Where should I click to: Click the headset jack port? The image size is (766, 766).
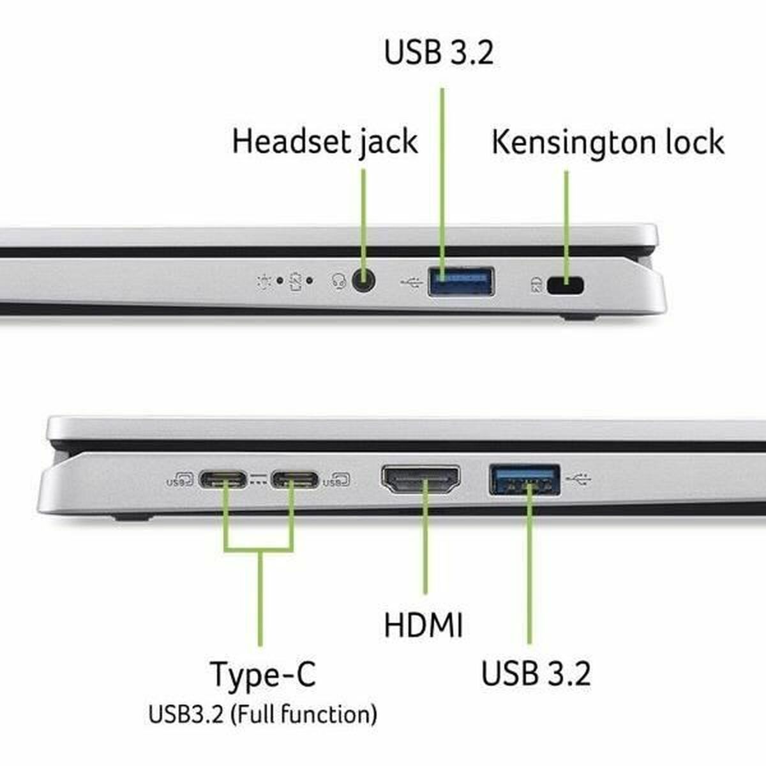tap(363, 281)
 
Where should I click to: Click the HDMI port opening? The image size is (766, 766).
tap(421, 480)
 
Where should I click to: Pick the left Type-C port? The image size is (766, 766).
tap(223, 479)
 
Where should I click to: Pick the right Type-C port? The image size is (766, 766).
tap(294, 479)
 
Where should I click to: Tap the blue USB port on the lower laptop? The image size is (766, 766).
tap(525, 480)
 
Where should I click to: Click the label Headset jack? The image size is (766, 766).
tap(324, 142)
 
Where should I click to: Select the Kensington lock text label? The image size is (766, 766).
tap(607, 142)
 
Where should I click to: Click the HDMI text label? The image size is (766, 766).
tap(423, 625)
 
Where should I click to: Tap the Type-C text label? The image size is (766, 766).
tap(262, 674)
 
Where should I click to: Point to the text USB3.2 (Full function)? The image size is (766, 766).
tap(262, 714)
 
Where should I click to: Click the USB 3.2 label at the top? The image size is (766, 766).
tap(439, 52)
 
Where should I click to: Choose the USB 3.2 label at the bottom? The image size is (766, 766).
tap(536, 673)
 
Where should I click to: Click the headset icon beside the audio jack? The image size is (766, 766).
tap(340, 282)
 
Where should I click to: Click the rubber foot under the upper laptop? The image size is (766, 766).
tap(580, 317)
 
